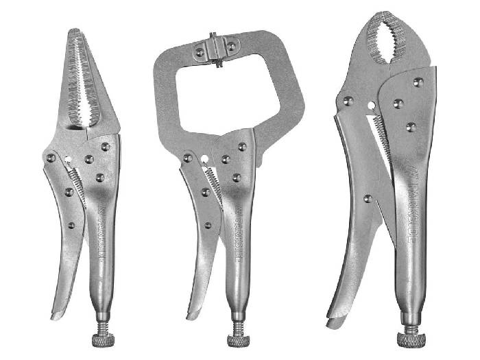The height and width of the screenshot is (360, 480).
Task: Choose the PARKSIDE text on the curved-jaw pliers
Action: pos(411,211)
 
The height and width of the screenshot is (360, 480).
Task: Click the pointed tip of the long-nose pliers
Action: pos(74,30)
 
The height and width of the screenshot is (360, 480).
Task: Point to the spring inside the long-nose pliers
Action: pos(77,184)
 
